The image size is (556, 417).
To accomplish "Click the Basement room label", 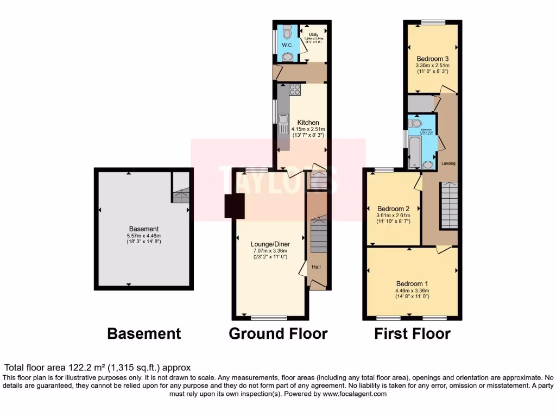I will point(144,229).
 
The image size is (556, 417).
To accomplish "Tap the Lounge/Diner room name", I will point(270,244).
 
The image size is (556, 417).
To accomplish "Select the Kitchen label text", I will point(308,122).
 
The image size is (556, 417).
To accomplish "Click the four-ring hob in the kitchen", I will point(295,90).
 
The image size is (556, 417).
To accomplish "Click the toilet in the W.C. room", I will point(287,33).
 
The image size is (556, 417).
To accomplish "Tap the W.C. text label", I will point(287,46).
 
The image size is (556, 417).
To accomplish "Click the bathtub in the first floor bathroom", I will point(414,151).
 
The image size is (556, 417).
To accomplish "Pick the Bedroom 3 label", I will point(432,59).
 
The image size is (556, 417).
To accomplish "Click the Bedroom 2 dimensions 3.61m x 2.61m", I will point(393,216).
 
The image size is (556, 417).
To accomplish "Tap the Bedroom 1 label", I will point(412,284).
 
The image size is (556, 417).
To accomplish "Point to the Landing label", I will point(448,163).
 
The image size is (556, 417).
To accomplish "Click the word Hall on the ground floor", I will point(316,267).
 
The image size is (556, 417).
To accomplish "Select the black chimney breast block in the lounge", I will point(235,206).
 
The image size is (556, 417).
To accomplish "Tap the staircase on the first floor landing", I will point(449,205).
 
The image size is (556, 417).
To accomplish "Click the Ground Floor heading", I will point(278,333).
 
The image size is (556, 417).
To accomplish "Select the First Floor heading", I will point(412,333).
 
